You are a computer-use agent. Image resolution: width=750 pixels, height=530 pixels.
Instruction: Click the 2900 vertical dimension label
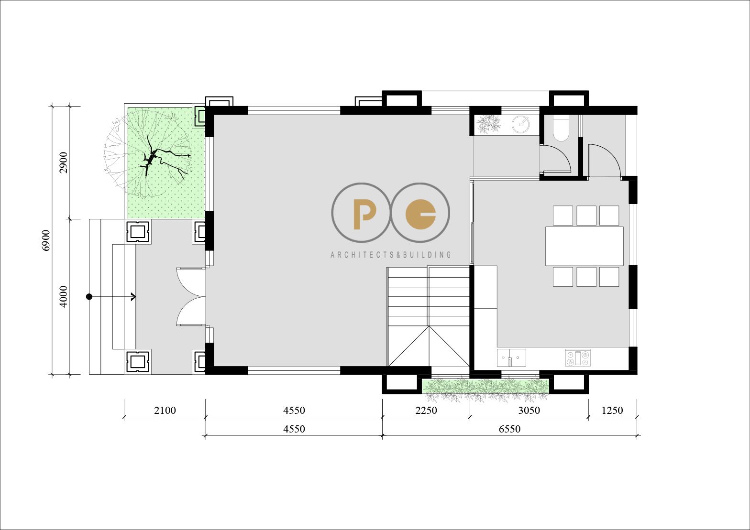point(63,162)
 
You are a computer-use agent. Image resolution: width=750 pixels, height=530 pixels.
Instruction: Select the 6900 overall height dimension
point(46,240)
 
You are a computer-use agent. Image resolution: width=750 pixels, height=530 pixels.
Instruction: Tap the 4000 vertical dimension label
point(63,296)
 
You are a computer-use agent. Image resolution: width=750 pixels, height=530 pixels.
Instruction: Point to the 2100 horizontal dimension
point(165,410)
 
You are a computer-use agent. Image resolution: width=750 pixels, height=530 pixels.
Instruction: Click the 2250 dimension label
point(426,410)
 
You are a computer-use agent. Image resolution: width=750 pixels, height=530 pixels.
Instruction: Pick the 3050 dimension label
point(529,410)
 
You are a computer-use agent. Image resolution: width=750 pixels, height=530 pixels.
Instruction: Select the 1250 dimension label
point(612,410)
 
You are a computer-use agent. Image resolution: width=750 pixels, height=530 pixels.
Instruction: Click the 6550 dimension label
point(509,429)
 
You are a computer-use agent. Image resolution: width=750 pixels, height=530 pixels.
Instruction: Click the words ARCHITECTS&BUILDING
point(391,255)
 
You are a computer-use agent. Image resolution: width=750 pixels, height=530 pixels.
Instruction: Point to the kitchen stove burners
point(578,357)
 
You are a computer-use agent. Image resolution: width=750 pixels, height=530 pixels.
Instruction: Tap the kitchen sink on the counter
point(511,357)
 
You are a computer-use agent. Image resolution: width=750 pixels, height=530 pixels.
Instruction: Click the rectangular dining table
point(585,246)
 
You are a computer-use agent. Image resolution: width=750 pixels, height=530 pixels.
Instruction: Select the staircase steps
point(429,316)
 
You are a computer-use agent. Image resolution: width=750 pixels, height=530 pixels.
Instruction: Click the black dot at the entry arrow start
point(89,296)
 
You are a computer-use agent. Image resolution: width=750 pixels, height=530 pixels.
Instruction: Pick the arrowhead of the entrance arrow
point(133,296)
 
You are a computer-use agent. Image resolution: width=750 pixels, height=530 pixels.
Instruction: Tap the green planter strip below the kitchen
point(485,387)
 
